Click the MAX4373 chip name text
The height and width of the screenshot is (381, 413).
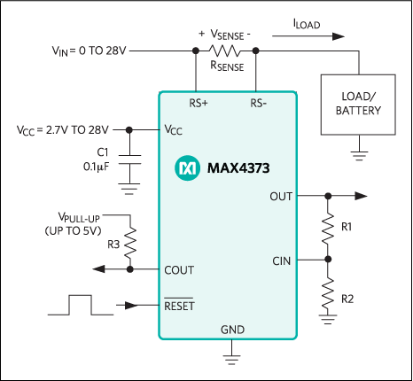point(239,166)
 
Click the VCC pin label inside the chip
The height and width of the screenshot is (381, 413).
point(174,129)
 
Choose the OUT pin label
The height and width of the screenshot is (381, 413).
point(281,196)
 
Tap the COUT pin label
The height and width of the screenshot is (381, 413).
point(180,269)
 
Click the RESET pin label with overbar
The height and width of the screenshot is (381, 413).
point(180,306)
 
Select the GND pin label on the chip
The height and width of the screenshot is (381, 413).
point(232,330)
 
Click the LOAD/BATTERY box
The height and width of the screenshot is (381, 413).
point(358,105)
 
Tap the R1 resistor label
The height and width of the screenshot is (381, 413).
point(347,228)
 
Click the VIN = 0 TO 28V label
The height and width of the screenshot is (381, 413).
point(90,51)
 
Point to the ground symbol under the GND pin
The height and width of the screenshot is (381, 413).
point(232,357)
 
